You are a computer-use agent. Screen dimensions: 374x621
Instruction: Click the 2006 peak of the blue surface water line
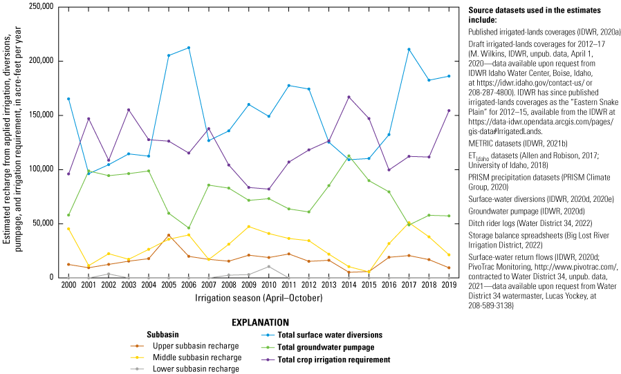click(x=189, y=48)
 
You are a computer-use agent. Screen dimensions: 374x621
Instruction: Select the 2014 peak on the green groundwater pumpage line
click(x=349, y=156)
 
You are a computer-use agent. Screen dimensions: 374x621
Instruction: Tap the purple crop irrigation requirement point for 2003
click(x=129, y=110)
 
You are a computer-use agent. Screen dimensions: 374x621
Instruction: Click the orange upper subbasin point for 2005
click(x=169, y=235)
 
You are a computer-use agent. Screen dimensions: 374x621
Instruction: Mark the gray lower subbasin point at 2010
click(x=268, y=267)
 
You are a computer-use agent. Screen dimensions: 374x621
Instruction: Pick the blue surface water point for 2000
click(x=68, y=99)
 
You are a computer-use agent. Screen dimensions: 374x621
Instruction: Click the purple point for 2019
click(x=448, y=111)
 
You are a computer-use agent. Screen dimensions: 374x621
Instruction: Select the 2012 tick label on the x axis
click(x=308, y=283)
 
